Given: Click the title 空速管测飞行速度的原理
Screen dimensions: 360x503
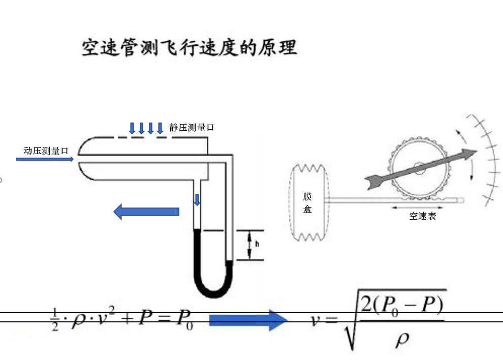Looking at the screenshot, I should [189, 48].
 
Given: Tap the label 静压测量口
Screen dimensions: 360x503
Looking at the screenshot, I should [192, 128].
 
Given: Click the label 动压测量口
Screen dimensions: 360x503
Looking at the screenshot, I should [46, 151].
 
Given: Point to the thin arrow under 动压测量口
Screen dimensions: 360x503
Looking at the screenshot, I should [45, 159].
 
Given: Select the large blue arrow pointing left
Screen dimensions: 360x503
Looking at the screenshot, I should [146, 211].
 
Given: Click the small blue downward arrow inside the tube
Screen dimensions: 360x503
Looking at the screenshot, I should [197, 199].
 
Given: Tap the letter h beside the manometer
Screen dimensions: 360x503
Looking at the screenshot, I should [257, 244].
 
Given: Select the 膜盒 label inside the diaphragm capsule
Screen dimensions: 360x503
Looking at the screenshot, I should [307, 202].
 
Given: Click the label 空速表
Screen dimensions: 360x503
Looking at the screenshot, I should [423, 216].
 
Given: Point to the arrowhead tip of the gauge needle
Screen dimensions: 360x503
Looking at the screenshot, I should [476, 151].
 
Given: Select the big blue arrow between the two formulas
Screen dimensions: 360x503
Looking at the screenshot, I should [248, 320].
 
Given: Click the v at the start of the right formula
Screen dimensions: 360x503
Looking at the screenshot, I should [317, 320].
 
